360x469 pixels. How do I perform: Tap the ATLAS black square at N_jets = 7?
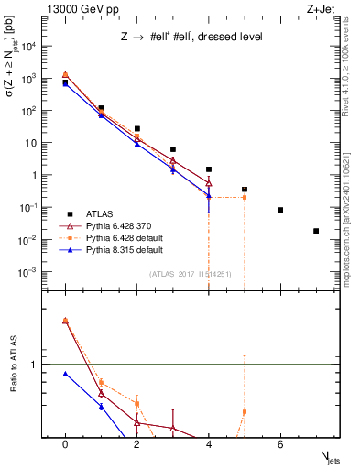[x=316, y=231]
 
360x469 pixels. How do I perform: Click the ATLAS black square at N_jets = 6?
[x=280, y=210]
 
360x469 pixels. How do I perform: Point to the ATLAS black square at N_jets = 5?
[x=245, y=190]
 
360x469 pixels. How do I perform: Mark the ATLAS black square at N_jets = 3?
[x=172, y=149]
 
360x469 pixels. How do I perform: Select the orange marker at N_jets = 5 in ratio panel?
[x=245, y=411]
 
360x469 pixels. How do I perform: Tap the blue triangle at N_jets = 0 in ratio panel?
[x=65, y=374]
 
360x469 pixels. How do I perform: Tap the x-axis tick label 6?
[x=280, y=444]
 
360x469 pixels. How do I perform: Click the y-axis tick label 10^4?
[x=33, y=46]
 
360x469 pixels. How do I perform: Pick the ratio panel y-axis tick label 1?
[x=38, y=365]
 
